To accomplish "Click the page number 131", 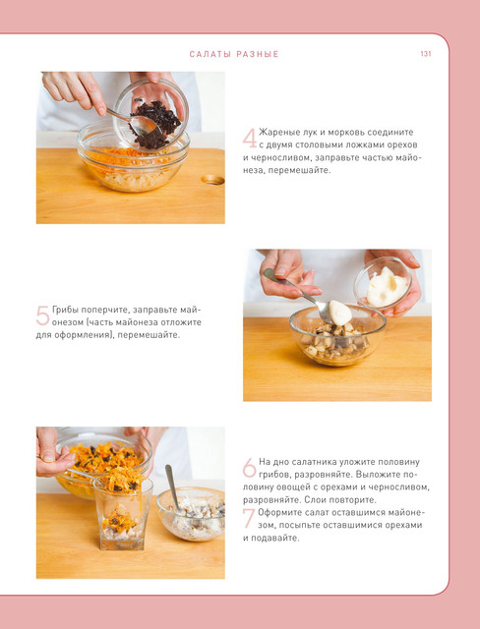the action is (x=426, y=53).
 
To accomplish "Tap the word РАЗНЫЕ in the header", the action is (x=258, y=54).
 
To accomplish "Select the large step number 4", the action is (x=250, y=139).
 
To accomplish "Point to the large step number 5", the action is (x=42, y=315).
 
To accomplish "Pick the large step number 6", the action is (x=249, y=468).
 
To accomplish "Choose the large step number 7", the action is (x=249, y=518).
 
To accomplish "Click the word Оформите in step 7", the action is (x=277, y=513).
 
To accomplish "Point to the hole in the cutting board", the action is (x=212, y=180).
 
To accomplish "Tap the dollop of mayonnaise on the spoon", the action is (x=340, y=313).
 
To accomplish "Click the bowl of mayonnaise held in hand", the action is (x=383, y=284).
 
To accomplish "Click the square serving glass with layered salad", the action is (x=123, y=513).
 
